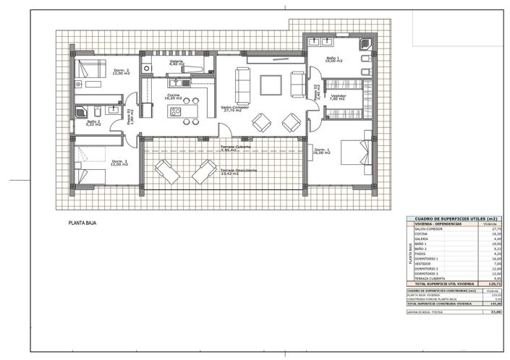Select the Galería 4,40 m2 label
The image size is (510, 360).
tap(177, 64)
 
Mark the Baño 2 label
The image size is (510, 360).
tap(93, 124)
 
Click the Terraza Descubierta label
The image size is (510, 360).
tap(239, 171)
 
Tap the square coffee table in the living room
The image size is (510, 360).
tap(271, 85)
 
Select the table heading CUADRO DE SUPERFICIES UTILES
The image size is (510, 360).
tap(451, 218)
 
